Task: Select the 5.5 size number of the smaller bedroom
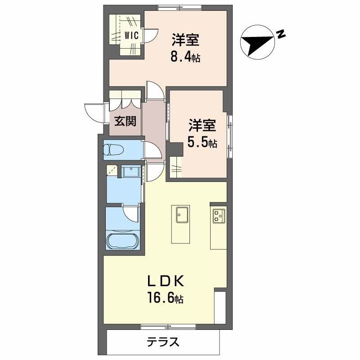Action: pos(202,143)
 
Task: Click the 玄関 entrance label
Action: pos(125,121)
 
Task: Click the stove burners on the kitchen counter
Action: pos(219,216)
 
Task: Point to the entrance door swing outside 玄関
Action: pos(95,112)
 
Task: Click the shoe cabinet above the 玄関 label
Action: pos(125,99)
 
